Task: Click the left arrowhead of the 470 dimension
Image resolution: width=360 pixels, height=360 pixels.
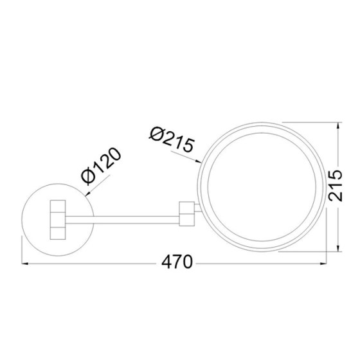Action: coord(26,263)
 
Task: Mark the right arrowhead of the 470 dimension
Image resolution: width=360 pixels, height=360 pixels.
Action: coord(325,263)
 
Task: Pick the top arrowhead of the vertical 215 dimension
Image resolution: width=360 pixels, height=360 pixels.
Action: coord(339,127)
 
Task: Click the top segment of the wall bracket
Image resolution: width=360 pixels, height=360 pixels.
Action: coord(58,205)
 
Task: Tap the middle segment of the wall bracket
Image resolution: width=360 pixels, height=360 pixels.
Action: coord(58,218)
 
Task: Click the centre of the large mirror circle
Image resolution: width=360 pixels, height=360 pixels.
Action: coord(260,187)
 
